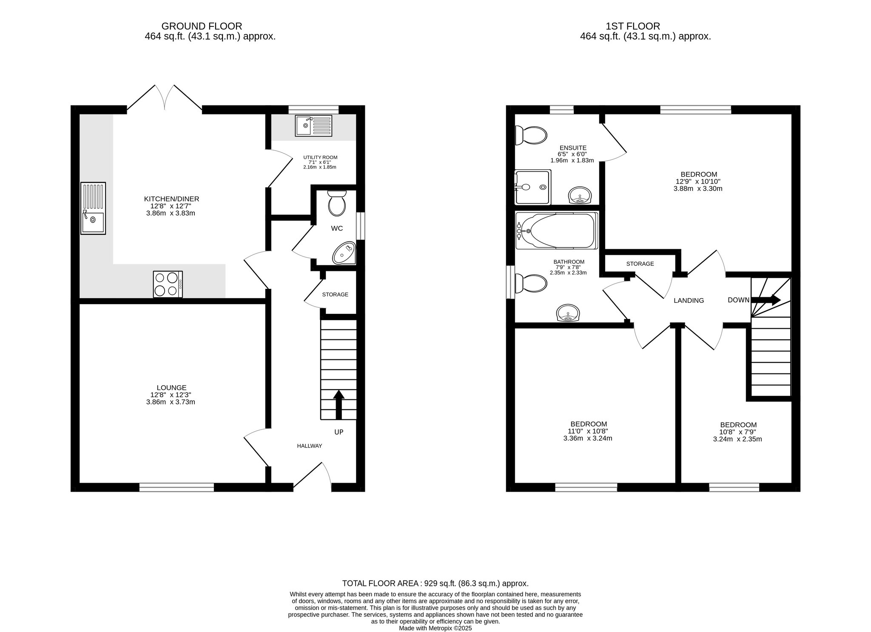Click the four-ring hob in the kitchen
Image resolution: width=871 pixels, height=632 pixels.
pyautogui.click(x=168, y=284)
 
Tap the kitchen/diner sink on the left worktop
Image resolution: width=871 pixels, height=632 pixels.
pyautogui.click(x=93, y=208)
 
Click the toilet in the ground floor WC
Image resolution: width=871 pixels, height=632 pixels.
pyautogui.click(x=337, y=203)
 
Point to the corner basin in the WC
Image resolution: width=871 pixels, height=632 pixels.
pyautogui.click(x=345, y=253)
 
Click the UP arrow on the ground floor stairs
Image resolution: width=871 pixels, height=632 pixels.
pyautogui.click(x=339, y=404)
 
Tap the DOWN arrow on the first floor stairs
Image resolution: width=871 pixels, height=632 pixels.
pyautogui.click(x=766, y=300)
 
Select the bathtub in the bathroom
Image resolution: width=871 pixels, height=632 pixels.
pyautogui.click(x=557, y=231)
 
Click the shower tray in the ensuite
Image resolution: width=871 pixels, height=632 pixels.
pyautogui.click(x=532, y=187)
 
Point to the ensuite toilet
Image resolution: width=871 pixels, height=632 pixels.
pyautogui.click(x=530, y=136)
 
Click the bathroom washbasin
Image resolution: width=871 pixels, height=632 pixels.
pyautogui.click(x=568, y=313)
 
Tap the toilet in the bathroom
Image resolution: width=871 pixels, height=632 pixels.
pyautogui.click(x=530, y=284)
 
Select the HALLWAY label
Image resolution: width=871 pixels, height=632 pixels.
pyautogui.click(x=309, y=446)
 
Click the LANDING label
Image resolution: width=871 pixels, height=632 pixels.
pyautogui.click(x=689, y=300)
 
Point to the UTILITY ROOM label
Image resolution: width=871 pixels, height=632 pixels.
pyautogui.click(x=320, y=157)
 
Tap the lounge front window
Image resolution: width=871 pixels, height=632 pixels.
pyautogui.click(x=176, y=487)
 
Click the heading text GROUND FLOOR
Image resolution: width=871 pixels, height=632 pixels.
pyautogui.click(x=202, y=26)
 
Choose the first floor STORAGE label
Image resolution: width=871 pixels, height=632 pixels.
pyautogui.click(x=640, y=264)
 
